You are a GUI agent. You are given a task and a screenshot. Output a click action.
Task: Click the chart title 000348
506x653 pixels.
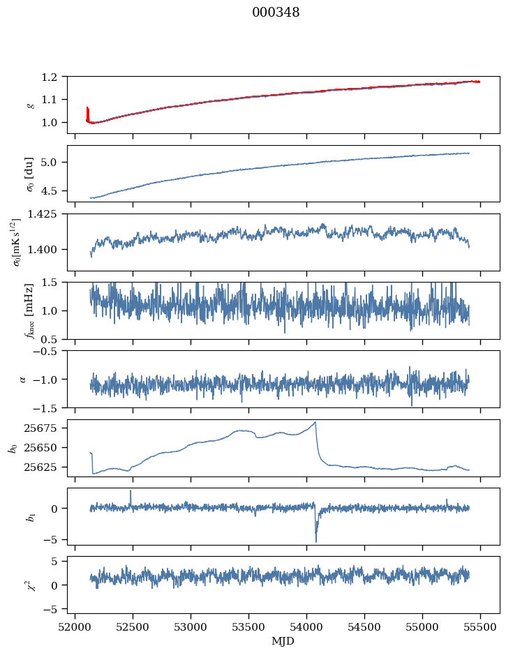(276, 13)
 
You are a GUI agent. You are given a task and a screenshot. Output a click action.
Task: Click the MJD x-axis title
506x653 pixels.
(283, 640)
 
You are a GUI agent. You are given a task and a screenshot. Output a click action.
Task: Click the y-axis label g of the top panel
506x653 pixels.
(30, 105)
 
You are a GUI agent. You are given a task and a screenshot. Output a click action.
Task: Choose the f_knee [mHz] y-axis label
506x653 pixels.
(30, 310)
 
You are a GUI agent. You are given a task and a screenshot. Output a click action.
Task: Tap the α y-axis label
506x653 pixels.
(22, 379)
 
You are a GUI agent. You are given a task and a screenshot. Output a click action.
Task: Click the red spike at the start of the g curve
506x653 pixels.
(87, 110)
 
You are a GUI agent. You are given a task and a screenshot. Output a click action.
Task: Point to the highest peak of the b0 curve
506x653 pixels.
(315, 422)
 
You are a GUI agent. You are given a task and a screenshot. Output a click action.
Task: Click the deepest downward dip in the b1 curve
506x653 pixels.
(315, 541)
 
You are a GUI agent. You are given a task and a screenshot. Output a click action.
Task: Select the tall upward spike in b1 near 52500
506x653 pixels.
(131, 491)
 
